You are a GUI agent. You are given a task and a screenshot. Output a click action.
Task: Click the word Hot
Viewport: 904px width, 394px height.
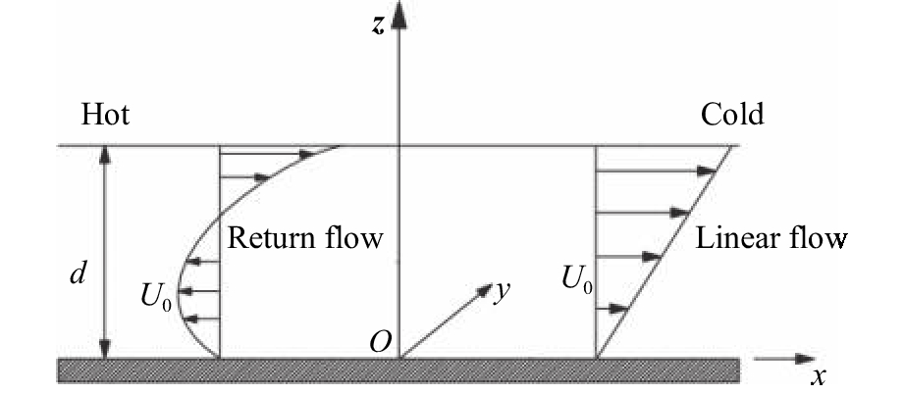click(105, 116)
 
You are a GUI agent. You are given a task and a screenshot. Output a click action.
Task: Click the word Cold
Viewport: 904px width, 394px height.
click(731, 116)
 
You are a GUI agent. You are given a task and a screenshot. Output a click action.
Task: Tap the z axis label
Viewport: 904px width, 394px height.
click(378, 24)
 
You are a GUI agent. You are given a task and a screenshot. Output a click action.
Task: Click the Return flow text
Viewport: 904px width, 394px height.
click(304, 238)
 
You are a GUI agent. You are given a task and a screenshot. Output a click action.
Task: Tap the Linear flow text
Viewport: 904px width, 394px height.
click(771, 238)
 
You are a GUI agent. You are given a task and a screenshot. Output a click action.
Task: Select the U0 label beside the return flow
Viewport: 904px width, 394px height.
click(158, 291)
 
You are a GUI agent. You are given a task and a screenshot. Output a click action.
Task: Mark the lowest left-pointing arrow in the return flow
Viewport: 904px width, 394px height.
click(201, 319)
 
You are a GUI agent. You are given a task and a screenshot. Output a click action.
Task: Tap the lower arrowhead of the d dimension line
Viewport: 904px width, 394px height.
click(106, 350)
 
